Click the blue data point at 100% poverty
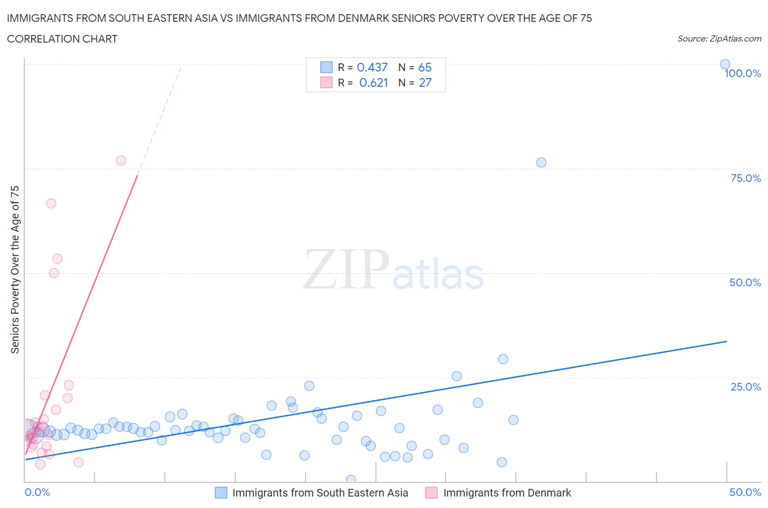click(x=725, y=64)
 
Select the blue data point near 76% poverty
click(x=541, y=162)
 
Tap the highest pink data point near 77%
click(x=121, y=161)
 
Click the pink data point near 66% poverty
click(x=51, y=203)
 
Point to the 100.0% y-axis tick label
click(x=742, y=74)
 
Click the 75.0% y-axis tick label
click(x=746, y=178)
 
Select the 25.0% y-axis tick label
click(x=746, y=387)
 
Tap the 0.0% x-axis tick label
click(x=37, y=492)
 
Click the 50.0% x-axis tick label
click(x=745, y=492)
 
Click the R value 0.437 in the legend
click(x=372, y=67)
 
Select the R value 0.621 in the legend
click(x=374, y=82)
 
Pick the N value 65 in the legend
click(x=425, y=67)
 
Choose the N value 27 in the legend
click(x=425, y=82)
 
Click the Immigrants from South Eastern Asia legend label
click(x=320, y=493)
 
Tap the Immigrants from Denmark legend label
click(x=507, y=493)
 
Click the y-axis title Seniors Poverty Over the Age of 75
click(x=15, y=269)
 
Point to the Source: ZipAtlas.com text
click(x=719, y=39)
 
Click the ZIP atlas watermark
click(x=393, y=270)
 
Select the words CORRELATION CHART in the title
click(x=62, y=39)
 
